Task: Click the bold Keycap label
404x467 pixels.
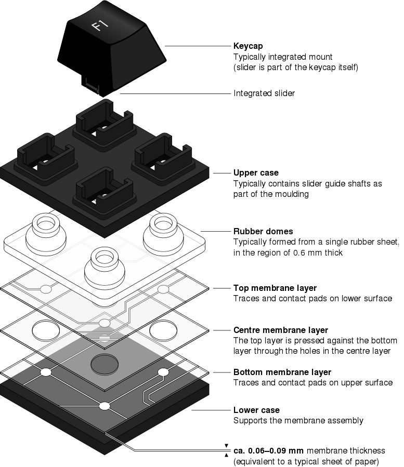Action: tap(248, 46)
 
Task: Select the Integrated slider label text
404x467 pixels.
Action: tap(264, 94)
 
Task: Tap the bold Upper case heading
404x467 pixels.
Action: tap(256, 173)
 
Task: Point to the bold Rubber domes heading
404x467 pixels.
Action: tap(263, 231)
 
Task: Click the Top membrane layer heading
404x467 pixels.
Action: tap(275, 288)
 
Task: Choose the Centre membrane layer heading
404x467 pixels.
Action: tap(280, 330)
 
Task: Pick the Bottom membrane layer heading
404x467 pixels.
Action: tap(282, 372)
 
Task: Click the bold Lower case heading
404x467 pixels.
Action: tap(256, 410)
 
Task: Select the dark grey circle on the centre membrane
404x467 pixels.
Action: tap(105, 364)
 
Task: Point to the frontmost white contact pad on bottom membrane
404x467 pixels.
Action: tap(105, 406)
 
